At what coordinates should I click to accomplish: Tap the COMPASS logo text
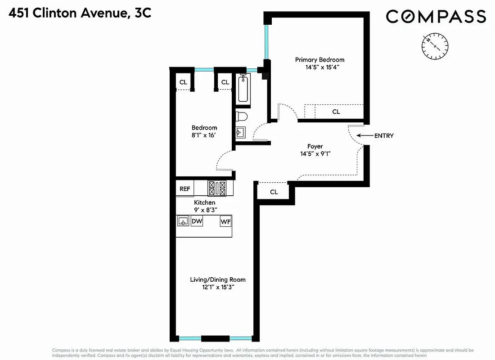pyautogui.click(x=436, y=17)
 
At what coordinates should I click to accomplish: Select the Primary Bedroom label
pyautogui.click(x=319, y=60)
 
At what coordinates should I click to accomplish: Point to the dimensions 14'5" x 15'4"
pyautogui.click(x=319, y=67)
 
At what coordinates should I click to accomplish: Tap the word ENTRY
pyautogui.click(x=383, y=135)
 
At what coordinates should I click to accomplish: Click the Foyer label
pyautogui.click(x=315, y=146)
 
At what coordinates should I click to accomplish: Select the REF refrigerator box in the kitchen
pyautogui.click(x=184, y=189)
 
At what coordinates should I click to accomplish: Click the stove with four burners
pyautogui.click(x=217, y=188)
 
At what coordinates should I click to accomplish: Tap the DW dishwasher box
pyautogui.click(x=197, y=221)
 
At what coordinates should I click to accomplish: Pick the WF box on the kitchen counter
pyautogui.click(x=225, y=221)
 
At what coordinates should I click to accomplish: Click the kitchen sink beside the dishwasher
pyautogui.click(x=183, y=221)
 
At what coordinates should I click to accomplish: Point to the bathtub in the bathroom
pyautogui.click(x=243, y=88)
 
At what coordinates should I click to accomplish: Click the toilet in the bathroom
pyautogui.click(x=242, y=117)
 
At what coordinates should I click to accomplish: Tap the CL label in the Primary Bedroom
pyautogui.click(x=336, y=112)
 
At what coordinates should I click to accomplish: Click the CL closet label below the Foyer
pyautogui.click(x=274, y=192)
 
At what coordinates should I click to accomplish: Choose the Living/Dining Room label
pyautogui.click(x=218, y=279)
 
